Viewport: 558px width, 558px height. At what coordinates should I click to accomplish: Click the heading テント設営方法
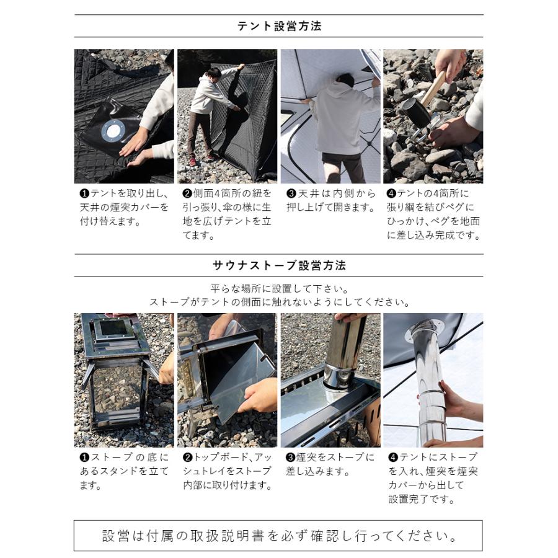tap(279, 26)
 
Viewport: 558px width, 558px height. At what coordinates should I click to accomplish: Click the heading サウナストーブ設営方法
tap(279, 265)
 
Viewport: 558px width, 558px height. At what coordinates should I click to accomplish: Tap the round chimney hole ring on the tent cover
tap(113, 131)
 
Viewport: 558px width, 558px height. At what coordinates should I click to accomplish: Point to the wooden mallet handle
tap(434, 87)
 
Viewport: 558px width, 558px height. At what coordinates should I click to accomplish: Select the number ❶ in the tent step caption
tap(85, 193)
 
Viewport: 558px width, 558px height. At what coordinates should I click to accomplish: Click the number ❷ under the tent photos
tap(188, 193)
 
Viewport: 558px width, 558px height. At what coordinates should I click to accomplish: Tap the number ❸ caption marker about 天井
tap(291, 193)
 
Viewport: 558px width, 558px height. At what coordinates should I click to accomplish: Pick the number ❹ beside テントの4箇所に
tap(391, 193)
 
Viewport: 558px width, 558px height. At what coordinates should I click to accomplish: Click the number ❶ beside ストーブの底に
tap(85, 458)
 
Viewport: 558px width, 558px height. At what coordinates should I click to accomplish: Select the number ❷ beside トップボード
tap(188, 458)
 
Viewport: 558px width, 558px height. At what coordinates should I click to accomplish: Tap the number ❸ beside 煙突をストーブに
tap(291, 458)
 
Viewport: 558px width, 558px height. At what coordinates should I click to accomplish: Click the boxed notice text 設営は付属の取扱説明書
tap(279, 535)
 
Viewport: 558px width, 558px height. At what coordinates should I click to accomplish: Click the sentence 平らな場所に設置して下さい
tap(279, 289)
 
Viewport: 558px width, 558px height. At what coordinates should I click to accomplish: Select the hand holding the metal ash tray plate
tap(257, 394)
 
